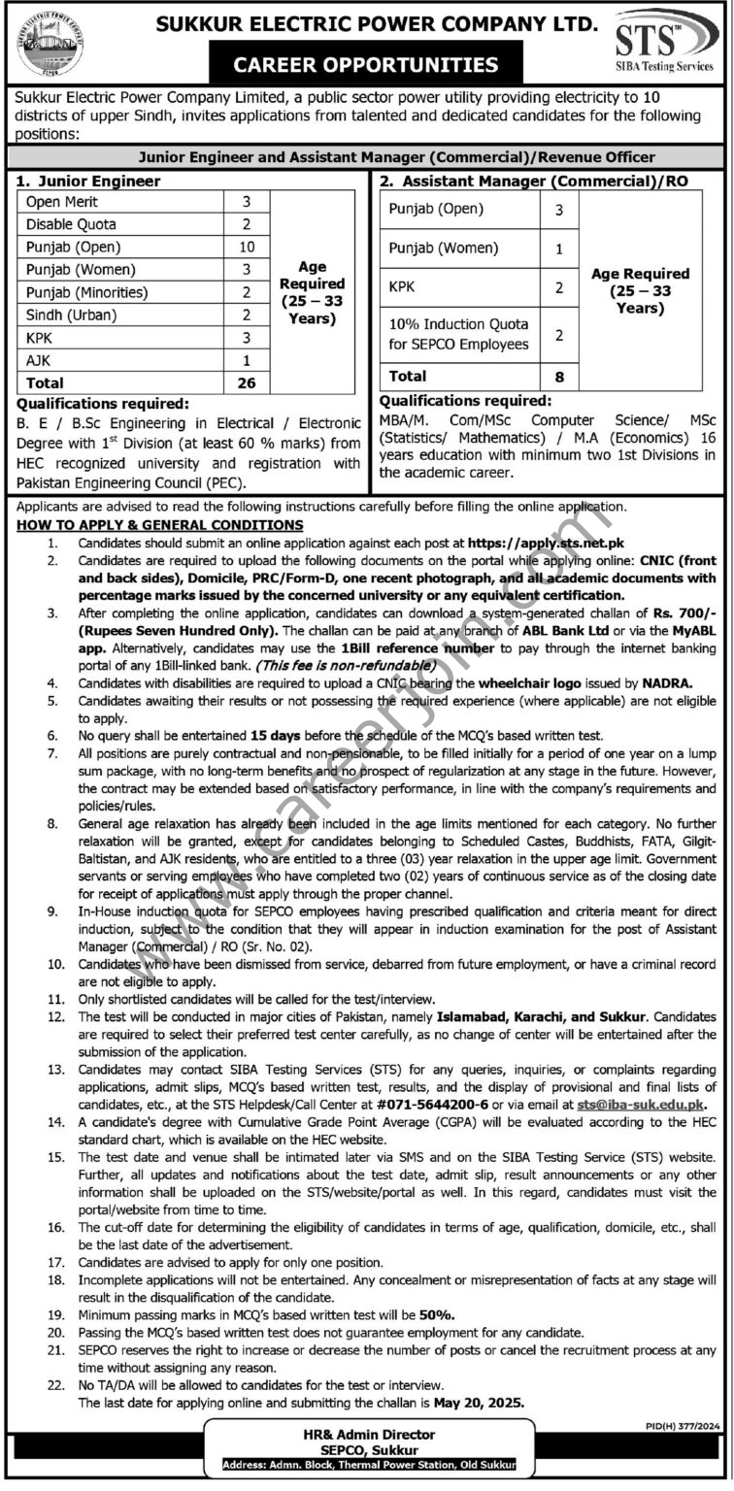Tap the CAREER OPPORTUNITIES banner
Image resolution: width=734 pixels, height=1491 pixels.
coord(366,65)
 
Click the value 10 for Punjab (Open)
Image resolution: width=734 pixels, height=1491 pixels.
coord(246,247)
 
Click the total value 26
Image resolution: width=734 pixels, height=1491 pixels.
coord(246,382)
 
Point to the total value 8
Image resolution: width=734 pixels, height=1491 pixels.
coord(559,375)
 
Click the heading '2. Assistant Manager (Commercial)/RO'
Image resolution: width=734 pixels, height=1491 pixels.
coord(503,180)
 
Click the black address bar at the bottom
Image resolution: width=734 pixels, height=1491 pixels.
coord(368,1464)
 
